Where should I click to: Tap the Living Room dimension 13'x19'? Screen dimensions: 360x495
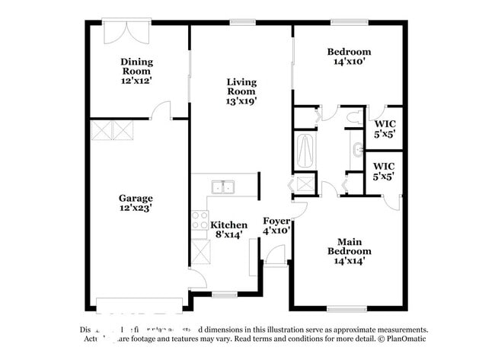click(241, 99)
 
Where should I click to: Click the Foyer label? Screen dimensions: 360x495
click(276, 221)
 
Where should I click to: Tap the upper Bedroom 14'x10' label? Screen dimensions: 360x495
click(350, 57)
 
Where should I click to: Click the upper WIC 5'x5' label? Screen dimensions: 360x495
click(384, 128)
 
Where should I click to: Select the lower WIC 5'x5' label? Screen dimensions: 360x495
click(384, 170)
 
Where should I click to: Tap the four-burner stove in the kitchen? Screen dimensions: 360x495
click(200, 221)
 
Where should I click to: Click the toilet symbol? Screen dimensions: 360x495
click(353, 117)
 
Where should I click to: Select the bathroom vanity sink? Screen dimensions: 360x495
click(357, 148)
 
